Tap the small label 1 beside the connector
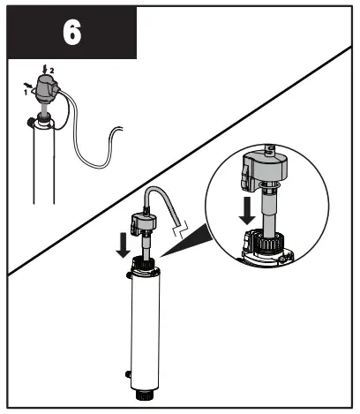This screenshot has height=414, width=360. tap(26, 91)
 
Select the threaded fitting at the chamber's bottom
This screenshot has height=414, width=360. tap(144, 395)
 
